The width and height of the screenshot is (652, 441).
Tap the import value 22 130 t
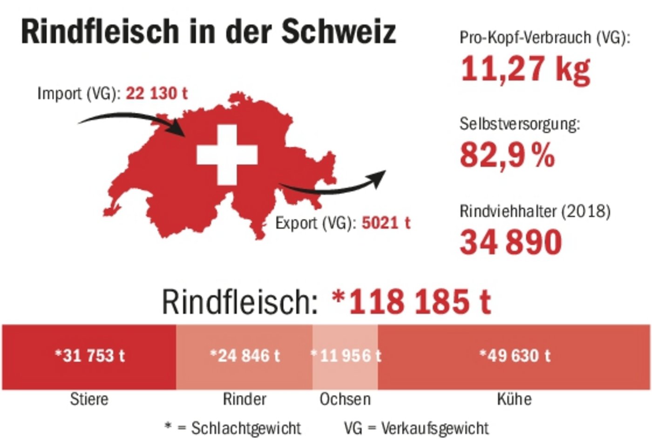pyautogui.click(x=156, y=93)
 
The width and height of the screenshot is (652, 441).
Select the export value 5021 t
pyautogui.click(x=386, y=223)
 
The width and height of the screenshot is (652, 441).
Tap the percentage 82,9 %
pyautogui.click(x=507, y=155)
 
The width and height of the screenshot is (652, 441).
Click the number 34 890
pyautogui.click(x=511, y=242)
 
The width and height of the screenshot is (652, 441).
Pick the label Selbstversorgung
pyautogui.click(x=519, y=124)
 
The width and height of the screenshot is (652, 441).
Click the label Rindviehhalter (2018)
pyautogui.click(x=535, y=211)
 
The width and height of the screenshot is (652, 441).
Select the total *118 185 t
pyautogui.click(x=411, y=301)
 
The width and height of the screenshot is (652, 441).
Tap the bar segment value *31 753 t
pyautogui.click(x=90, y=356)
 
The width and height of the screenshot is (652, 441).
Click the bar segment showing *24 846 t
pyautogui.click(x=244, y=356)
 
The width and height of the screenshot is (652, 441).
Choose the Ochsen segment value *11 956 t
pyautogui.click(x=346, y=356)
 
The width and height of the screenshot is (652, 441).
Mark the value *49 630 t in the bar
pyautogui.click(x=515, y=356)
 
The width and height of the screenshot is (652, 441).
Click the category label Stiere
pyautogui.click(x=89, y=399)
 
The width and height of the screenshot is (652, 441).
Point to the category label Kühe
pyautogui.click(x=514, y=399)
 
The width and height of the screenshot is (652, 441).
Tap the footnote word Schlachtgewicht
pyautogui.click(x=246, y=428)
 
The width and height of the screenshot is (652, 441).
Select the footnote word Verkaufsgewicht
pyautogui.click(x=435, y=428)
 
